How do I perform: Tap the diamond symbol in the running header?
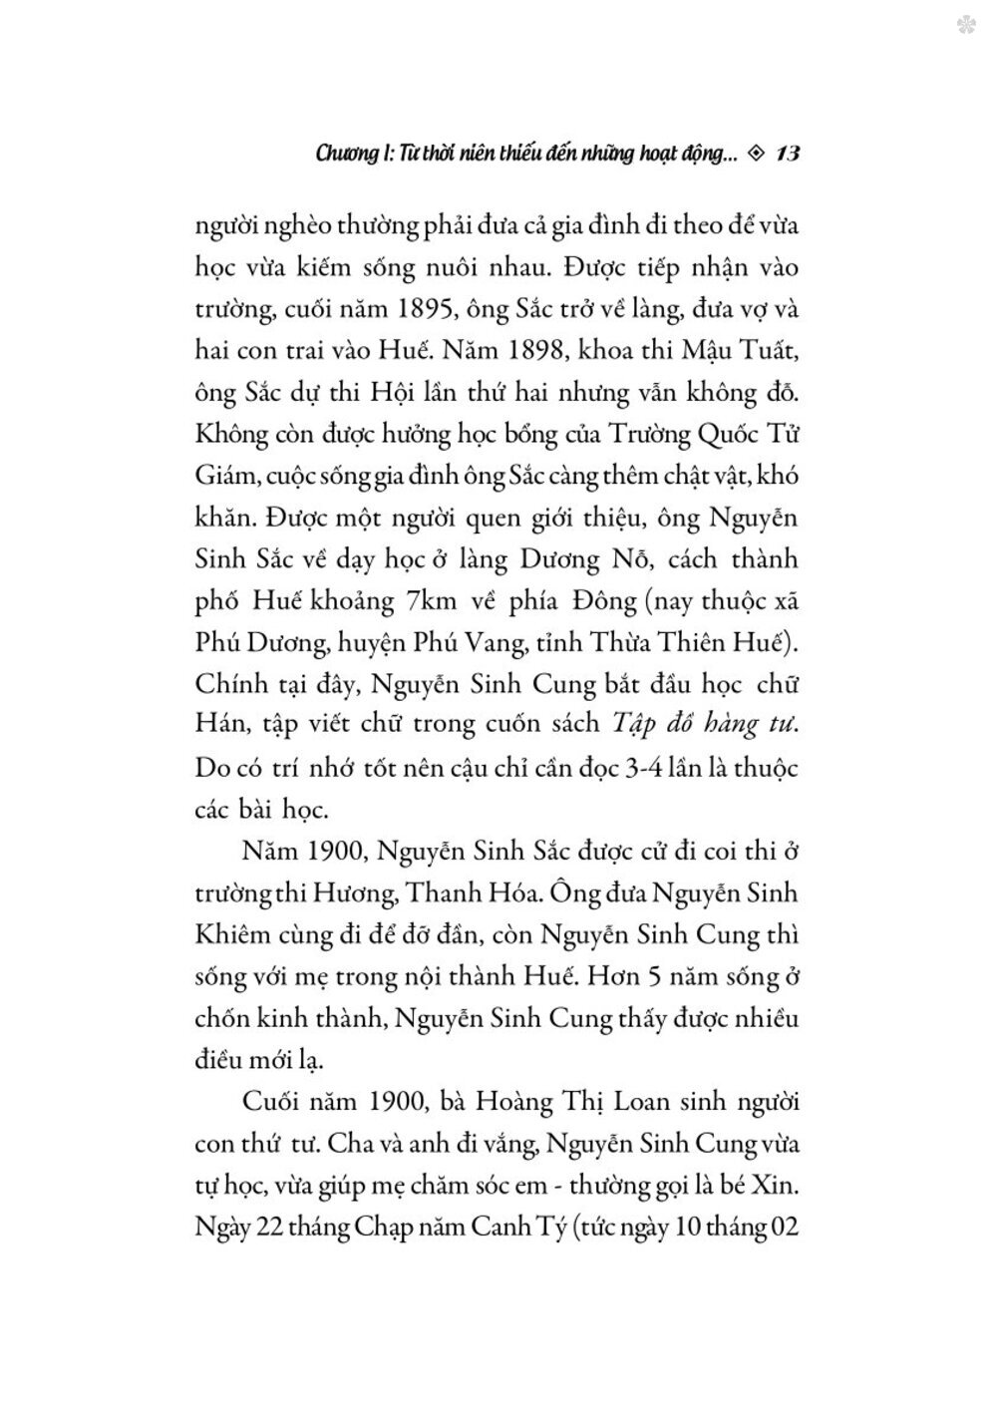point(754,155)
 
